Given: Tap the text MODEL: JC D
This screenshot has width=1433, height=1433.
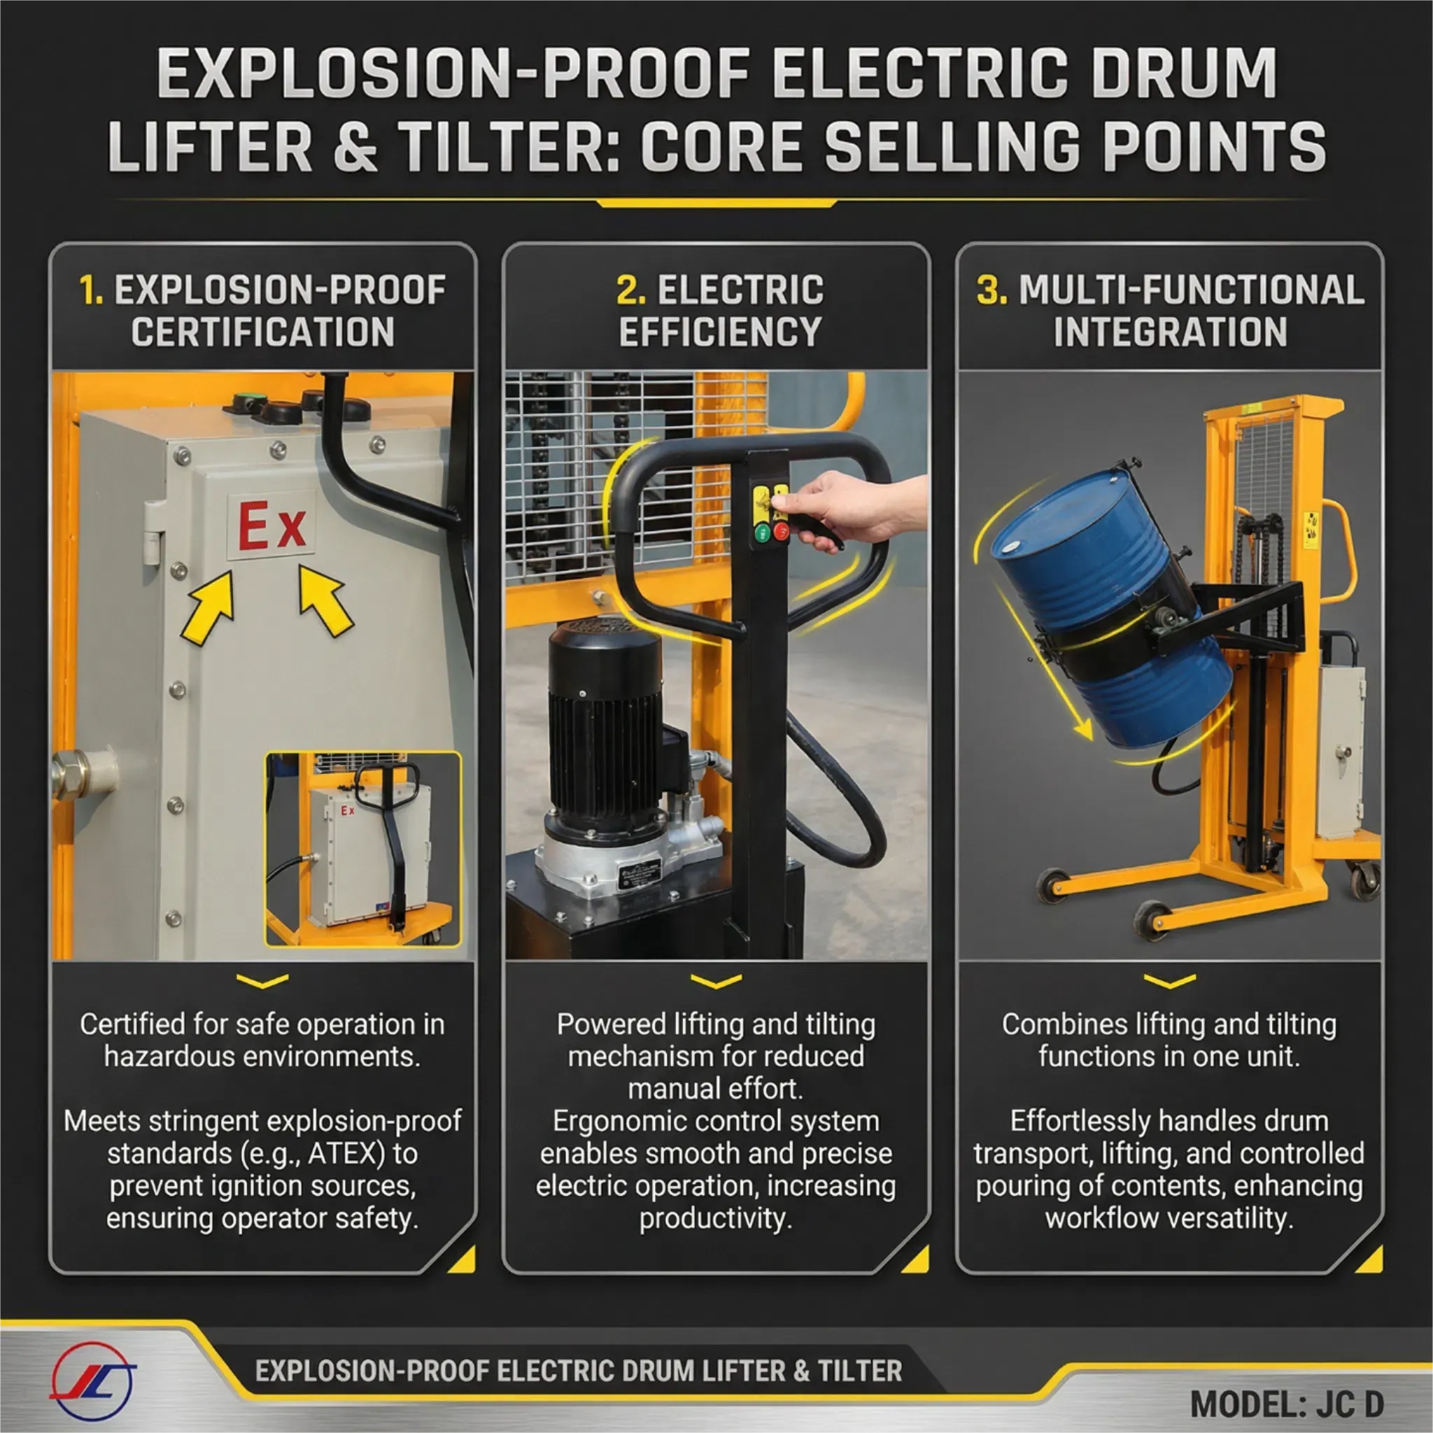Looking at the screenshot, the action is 1287,1404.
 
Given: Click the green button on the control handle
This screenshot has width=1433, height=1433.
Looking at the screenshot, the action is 762,532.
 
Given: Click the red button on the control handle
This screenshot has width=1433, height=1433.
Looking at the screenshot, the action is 781,531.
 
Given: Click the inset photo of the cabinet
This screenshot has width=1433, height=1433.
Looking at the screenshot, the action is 363,850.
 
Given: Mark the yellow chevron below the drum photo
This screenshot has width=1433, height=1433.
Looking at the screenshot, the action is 1170,981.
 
